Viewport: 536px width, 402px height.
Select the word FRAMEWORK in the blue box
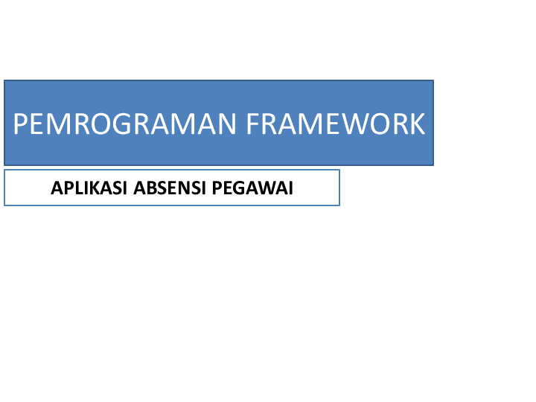pos(336,124)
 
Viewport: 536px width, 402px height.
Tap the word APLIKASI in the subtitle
pos(89,188)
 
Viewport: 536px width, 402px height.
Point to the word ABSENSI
pos(170,188)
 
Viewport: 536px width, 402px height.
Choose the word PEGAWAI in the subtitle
pos(252,188)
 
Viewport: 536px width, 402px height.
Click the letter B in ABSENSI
pos(148,188)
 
